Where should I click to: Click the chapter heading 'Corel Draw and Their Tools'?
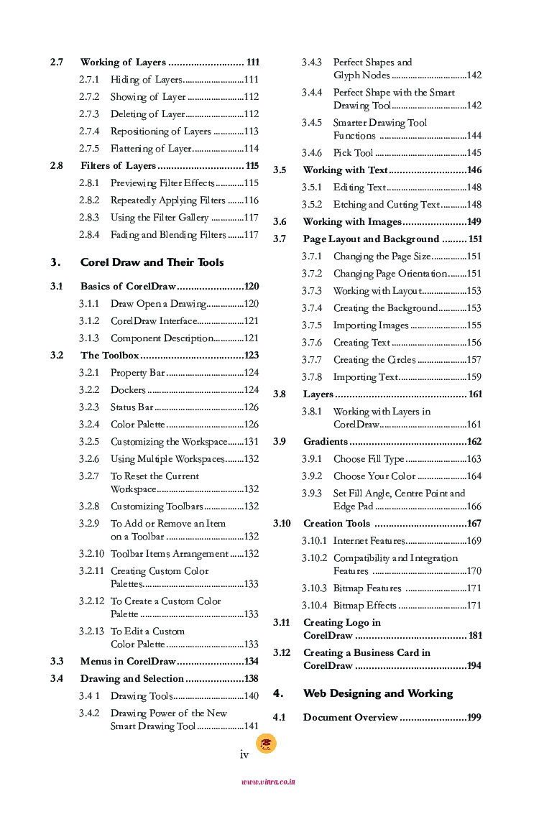pyautogui.click(x=152, y=262)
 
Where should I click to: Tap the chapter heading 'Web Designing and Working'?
pyautogui.click(x=378, y=693)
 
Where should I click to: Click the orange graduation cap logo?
pyautogui.click(x=267, y=744)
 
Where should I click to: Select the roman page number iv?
pyautogui.click(x=244, y=754)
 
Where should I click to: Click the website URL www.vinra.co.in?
pyautogui.click(x=268, y=782)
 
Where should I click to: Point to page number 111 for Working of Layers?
pyautogui.click(x=252, y=63)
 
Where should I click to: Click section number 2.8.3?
pyautogui.click(x=89, y=218)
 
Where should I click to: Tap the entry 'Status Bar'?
pyautogui.click(x=132, y=407)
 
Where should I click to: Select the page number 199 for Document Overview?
pyautogui.click(x=474, y=718)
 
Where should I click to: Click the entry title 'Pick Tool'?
pyautogui.click(x=353, y=153)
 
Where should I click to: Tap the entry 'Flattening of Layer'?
pyautogui.click(x=150, y=149)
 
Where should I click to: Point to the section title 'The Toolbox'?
pyautogui.click(x=109, y=356)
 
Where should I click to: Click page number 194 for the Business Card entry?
pyautogui.click(x=474, y=666)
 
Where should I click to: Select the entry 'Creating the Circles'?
pyautogui.click(x=374, y=360)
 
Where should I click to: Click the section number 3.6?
pyautogui.click(x=280, y=222)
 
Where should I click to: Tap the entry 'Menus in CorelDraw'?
pyautogui.click(x=128, y=662)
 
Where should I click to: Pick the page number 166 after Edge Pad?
pyautogui.click(x=474, y=506)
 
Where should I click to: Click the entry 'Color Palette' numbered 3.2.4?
pyautogui.click(x=137, y=425)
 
